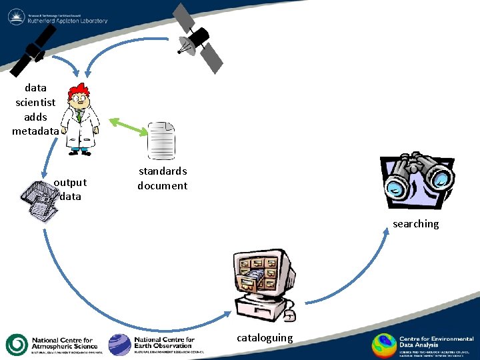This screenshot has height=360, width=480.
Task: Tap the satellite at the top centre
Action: (x=197, y=38)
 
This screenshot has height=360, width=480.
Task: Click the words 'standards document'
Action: (x=163, y=179)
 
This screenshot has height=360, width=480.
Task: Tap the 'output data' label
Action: (x=70, y=189)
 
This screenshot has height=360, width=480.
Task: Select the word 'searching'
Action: (x=415, y=224)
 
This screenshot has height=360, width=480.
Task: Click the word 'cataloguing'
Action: (x=265, y=338)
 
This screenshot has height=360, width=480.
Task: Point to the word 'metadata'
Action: (x=35, y=131)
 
